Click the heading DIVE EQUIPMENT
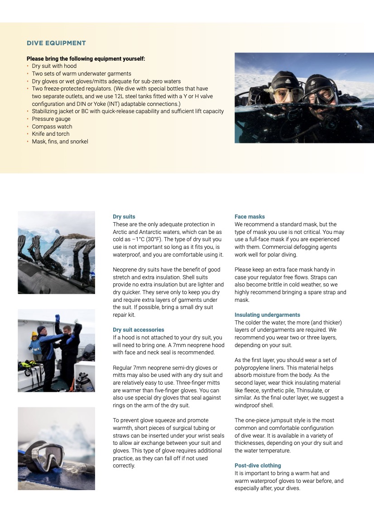(56, 43)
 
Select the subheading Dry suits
(124, 217)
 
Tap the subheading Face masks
(249, 217)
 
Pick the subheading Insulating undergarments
(267, 315)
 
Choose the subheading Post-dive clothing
(258, 466)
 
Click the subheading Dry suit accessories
(138, 330)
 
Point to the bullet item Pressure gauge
(51, 119)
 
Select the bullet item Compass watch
(52, 127)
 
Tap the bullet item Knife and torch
(51, 134)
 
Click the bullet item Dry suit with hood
(54, 66)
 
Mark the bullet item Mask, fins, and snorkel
(60, 142)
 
